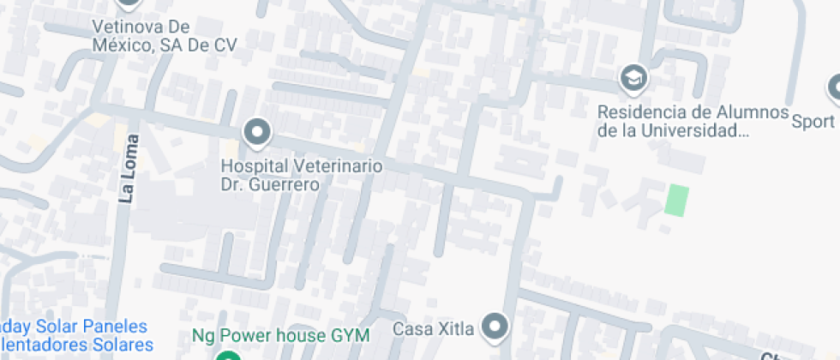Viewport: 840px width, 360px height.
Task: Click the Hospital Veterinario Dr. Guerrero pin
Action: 256,133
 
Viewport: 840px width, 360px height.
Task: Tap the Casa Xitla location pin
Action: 495,327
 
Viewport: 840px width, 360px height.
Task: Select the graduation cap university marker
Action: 633,78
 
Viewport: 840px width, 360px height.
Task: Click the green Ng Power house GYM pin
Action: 227,356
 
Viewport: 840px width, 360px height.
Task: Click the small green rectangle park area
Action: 677,200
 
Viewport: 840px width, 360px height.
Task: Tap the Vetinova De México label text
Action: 164,35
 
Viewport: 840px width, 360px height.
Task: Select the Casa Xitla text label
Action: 433,328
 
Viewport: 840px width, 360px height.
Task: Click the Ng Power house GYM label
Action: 280,334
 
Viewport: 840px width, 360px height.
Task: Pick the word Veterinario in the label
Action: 339,165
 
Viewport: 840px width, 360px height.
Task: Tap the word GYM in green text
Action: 351,334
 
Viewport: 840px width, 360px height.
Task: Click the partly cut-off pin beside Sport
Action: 834,87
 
